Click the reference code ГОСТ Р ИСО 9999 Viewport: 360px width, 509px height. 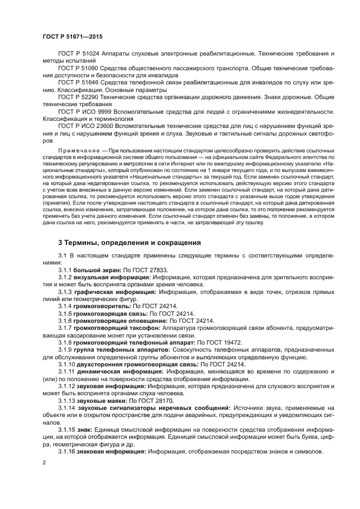click(84, 111)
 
